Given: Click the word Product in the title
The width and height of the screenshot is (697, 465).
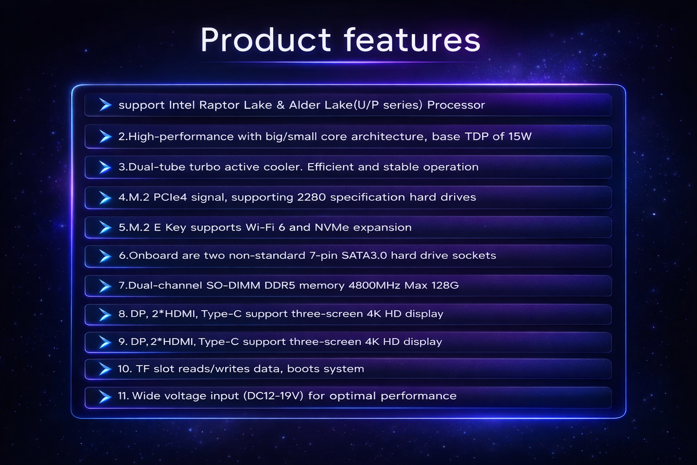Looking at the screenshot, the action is click(x=266, y=40).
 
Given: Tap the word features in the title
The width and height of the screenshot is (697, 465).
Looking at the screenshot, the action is click(x=412, y=40).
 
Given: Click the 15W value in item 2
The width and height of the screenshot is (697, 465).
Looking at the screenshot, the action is click(x=520, y=136).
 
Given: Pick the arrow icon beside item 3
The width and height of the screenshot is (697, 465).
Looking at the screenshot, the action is click(x=105, y=167).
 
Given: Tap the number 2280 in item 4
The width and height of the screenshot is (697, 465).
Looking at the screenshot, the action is click(x=311, y=198).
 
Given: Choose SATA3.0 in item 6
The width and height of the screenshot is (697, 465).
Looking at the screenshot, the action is click(x=364, y=255).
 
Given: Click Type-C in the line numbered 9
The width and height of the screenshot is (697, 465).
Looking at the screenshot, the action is click(x=219, y=341).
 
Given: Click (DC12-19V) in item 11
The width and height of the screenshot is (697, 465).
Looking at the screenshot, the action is click(x=273, y=396).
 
